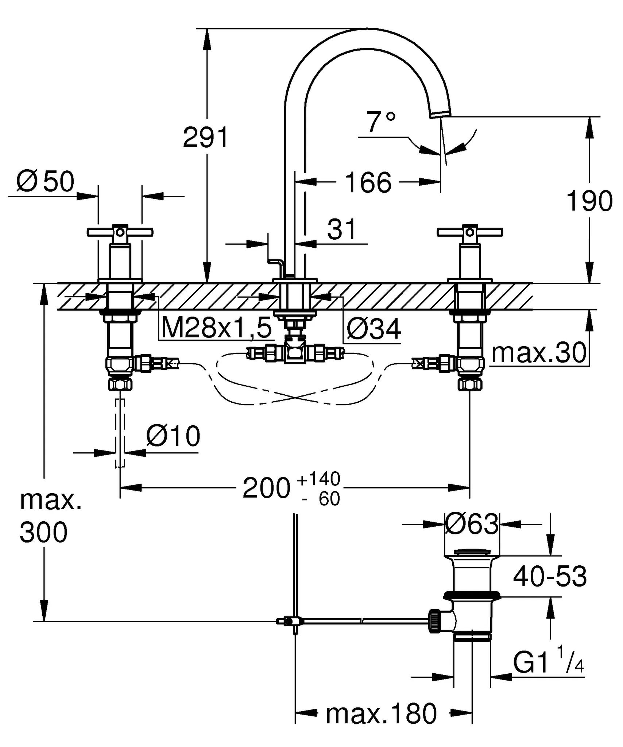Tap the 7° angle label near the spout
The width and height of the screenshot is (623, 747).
pyautogui.click(x=380, y=123)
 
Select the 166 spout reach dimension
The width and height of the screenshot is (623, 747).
pyautogui.click(x=368, y=182)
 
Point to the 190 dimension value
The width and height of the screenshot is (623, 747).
pyautogui.click(x=589, y=201)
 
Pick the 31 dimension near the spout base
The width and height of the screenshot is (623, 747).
pyautogui.click(x=341, y=229)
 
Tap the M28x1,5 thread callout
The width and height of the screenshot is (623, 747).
pyautogui.click(x=216, y=328)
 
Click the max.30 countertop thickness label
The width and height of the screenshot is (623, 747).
pyautogui.click(x=539, y=353)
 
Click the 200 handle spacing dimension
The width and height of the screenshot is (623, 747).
pyautogui.click(x=266, y=488)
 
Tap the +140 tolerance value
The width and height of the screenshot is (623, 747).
pyautogui.click(x=318, y=479)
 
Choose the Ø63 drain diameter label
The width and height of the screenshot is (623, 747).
pyautogui.click(x=471, y=524)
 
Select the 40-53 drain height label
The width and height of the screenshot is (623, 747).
pyautogui.click(x=550, y=577)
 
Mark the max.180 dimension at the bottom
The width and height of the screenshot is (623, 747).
pyautogui.click(x=381, y=714)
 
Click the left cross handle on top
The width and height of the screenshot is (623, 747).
pyautogui.click(x=120, y=232)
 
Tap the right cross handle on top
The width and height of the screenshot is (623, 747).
pyautogui.click(x=470, y=232)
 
